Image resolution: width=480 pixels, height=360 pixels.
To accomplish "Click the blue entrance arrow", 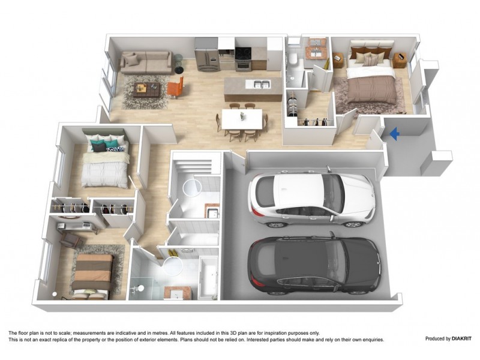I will (394, 134).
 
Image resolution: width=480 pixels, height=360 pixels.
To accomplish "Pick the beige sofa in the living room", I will (146, 61).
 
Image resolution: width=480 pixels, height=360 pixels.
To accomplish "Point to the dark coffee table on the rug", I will (146, 90).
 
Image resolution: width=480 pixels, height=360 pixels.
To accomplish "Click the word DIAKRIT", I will (458, 338).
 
